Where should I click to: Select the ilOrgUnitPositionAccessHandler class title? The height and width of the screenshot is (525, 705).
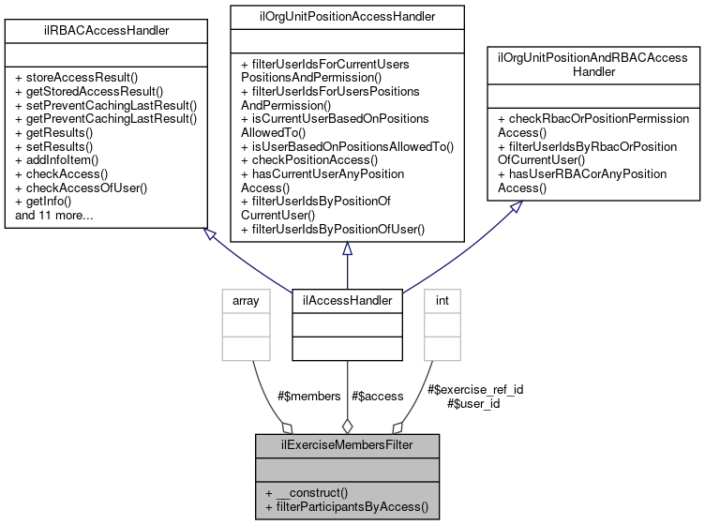(347, 15)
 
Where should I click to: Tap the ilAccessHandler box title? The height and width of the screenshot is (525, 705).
(347, 300)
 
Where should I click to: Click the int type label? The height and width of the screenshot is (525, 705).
(442, 300)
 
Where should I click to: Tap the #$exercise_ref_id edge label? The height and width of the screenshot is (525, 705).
(474, 389)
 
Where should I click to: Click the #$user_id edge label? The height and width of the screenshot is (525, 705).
(474, 403)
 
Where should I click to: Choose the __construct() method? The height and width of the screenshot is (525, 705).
(307, 492)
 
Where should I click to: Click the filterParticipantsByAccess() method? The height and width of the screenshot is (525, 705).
(347, 507)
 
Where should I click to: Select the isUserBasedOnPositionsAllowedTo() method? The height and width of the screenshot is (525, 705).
(347, 146)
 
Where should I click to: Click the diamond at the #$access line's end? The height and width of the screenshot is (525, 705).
(347, 427)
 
